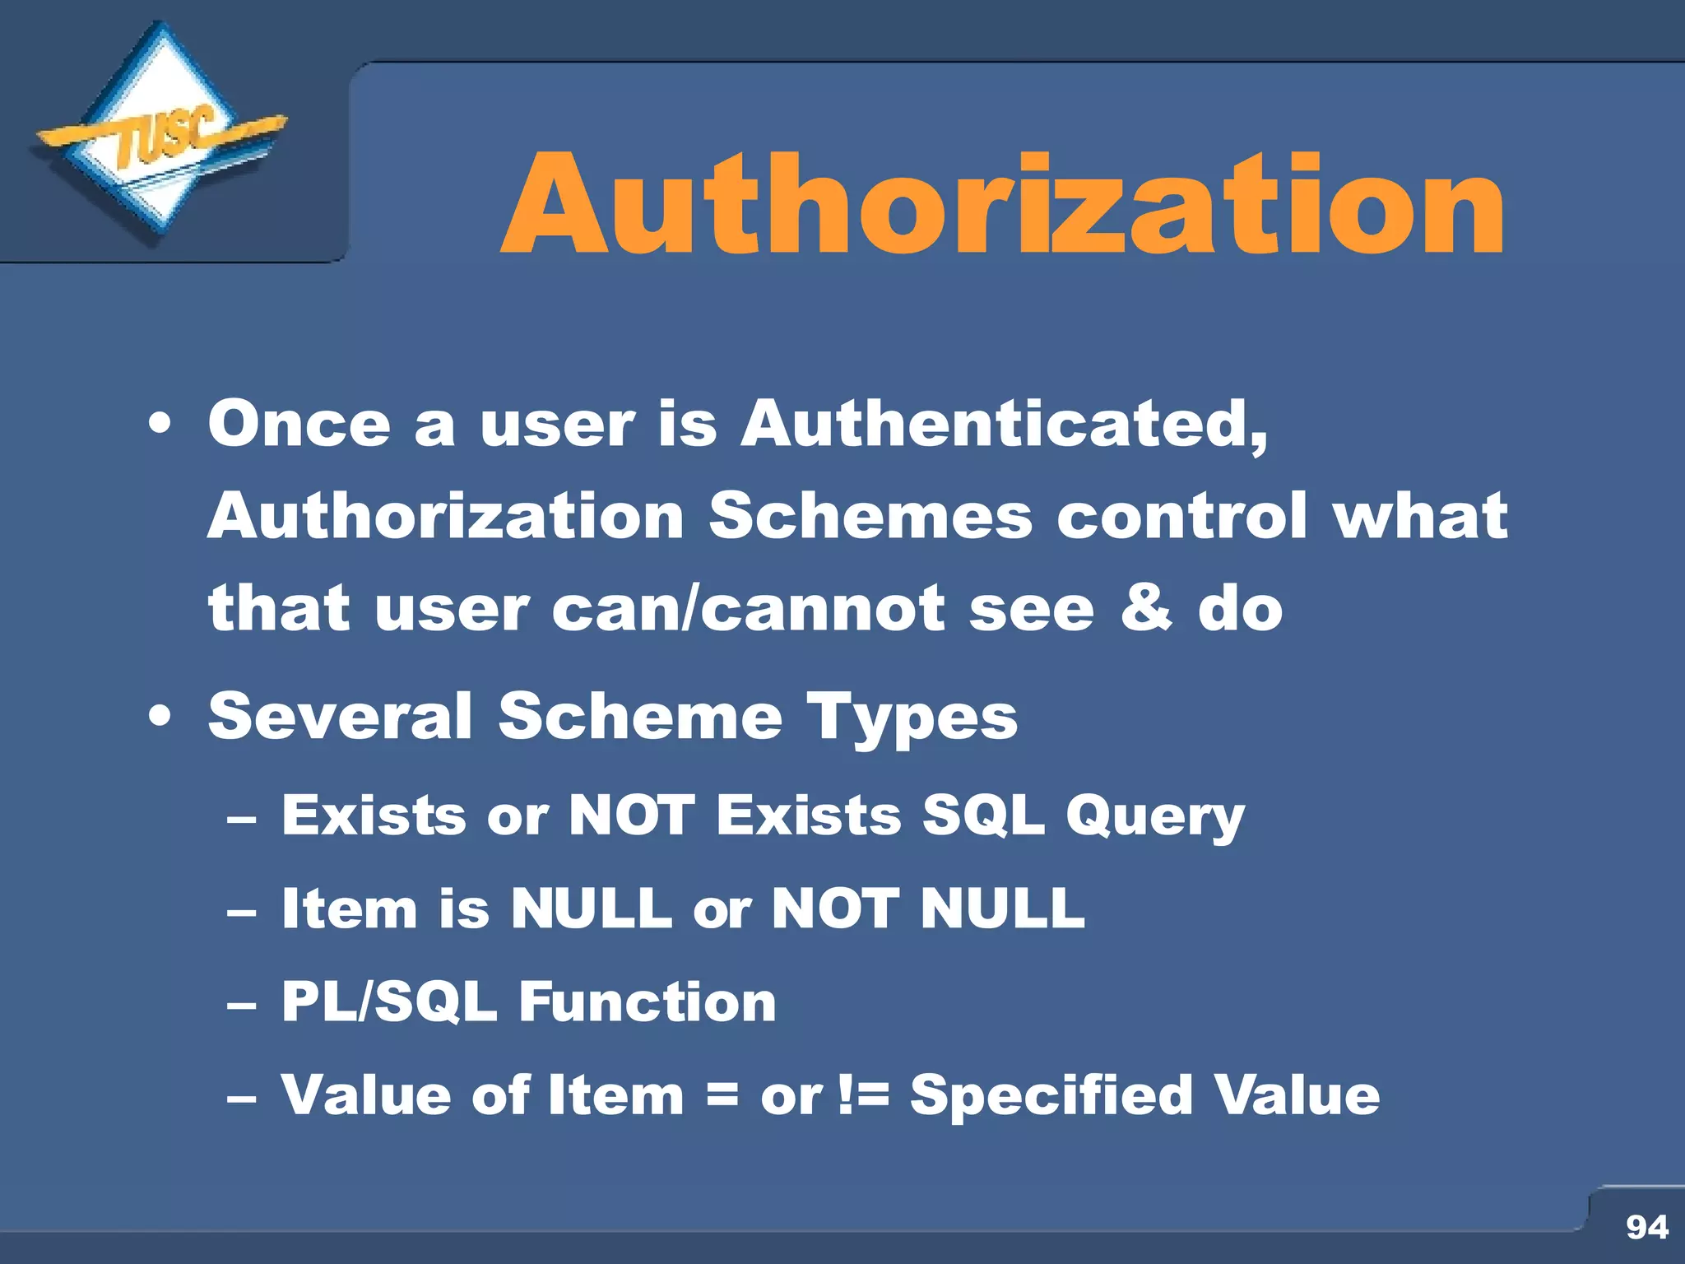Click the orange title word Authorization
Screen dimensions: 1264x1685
point(1003,206)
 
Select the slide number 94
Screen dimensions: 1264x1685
point(1646,1227)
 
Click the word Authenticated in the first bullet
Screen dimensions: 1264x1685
point(1004,425)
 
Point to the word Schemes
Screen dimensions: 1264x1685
point(870,517)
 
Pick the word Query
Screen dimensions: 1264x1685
point(1155,817)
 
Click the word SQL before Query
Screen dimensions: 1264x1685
point(983,816)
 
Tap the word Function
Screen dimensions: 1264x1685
point(648,1002)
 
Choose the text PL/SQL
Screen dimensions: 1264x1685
point(389,1002)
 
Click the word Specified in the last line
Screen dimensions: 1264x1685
point(1051,1095)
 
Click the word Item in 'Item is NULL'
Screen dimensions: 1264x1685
point(349,909)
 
